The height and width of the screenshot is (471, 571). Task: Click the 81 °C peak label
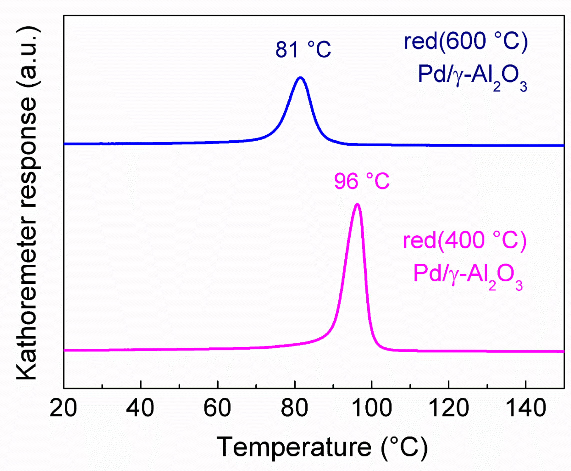[x=303, y=50]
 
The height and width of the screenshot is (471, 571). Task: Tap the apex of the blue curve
[x=300, y=78]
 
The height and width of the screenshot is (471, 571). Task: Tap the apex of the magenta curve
[x=357, y=205]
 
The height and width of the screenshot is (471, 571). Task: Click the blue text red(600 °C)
[x=465, y=42]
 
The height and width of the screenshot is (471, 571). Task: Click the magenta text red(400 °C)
[x=464, y=240]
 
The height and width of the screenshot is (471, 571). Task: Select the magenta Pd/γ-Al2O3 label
[x=468, y=276]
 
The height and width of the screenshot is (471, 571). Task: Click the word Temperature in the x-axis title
[x=294, y=447]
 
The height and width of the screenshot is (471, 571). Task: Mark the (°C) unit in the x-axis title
[x=404, y=447]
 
